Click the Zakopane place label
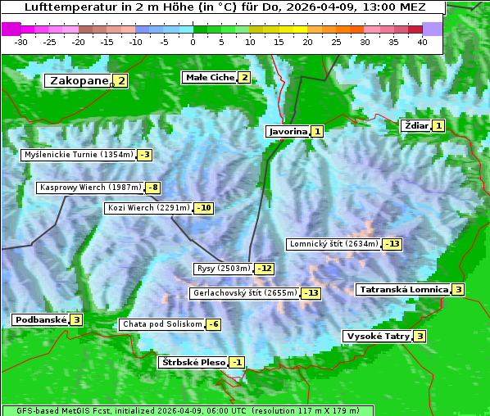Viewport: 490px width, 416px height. click(x=79, y=81)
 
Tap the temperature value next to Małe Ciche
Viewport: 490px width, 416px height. click(x=244, y=78)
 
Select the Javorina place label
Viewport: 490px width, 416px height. click(x=288, y=131)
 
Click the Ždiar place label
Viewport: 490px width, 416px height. click(x=415, y=125)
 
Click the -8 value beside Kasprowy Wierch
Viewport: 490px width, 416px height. click(x=153, y=188)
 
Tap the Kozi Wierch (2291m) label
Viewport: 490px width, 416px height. click(x=148, y=208)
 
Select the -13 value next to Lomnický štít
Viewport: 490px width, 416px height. click(x=393, y=244)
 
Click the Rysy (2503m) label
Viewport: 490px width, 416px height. click(x=223, y=269)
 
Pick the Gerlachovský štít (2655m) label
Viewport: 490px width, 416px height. click(x=243, y=293)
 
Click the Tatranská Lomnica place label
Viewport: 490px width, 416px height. click(x=403, y=289)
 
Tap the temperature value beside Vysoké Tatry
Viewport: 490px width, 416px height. click(x=420, y=336)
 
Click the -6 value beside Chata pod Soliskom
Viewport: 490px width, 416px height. click(x=213, y=324)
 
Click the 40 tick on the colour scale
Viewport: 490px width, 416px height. click(x=422, y=42)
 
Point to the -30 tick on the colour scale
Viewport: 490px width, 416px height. click(x=21, y=42)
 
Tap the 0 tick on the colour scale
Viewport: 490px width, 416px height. click(x=193, y=42)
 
